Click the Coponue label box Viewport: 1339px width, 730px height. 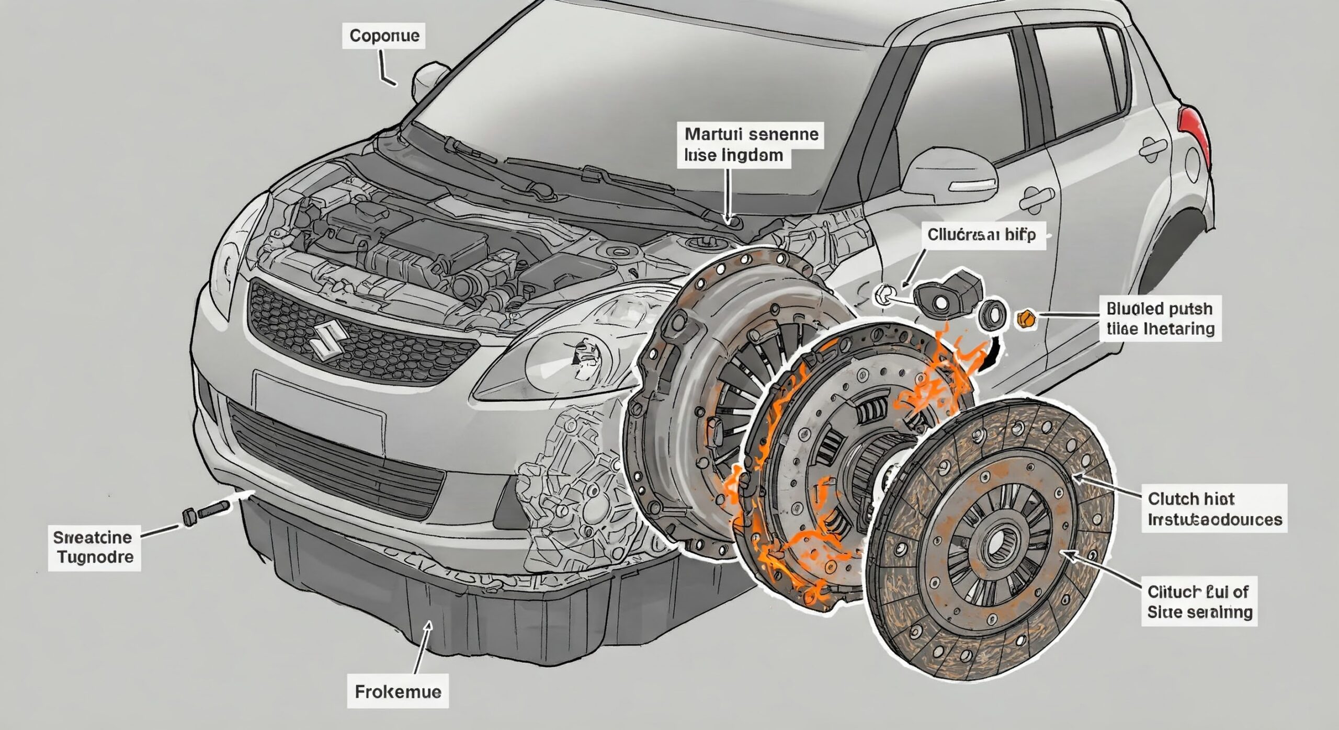384,36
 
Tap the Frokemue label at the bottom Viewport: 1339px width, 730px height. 398,692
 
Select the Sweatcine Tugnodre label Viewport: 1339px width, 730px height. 94,546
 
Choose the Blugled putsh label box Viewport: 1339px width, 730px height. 1160,318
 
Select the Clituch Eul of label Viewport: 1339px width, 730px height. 1199,601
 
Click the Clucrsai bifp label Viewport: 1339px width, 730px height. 981,234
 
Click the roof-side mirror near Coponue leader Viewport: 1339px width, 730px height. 430,81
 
